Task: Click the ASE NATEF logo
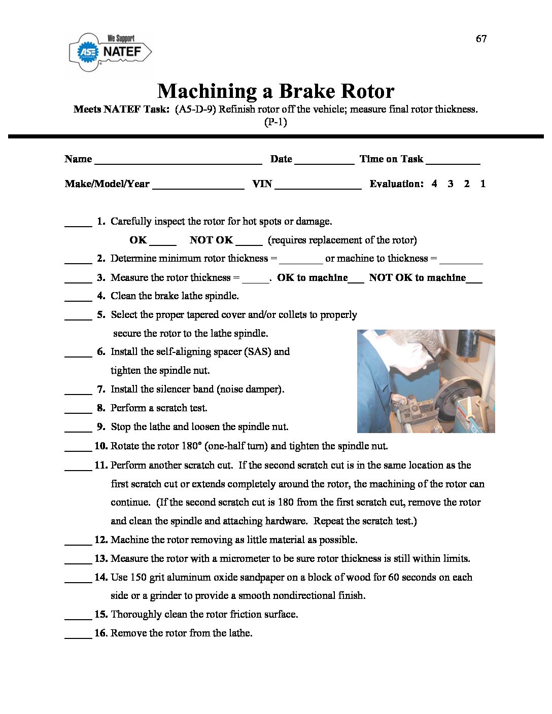tap(110, 51)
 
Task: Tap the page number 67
tap(481, 39)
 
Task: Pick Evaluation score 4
tap(434, 184)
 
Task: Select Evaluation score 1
tap(482, 184)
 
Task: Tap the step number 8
tap(101, 408)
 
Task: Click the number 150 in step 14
tap(139, 577)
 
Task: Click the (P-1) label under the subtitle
tap(275, 122)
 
